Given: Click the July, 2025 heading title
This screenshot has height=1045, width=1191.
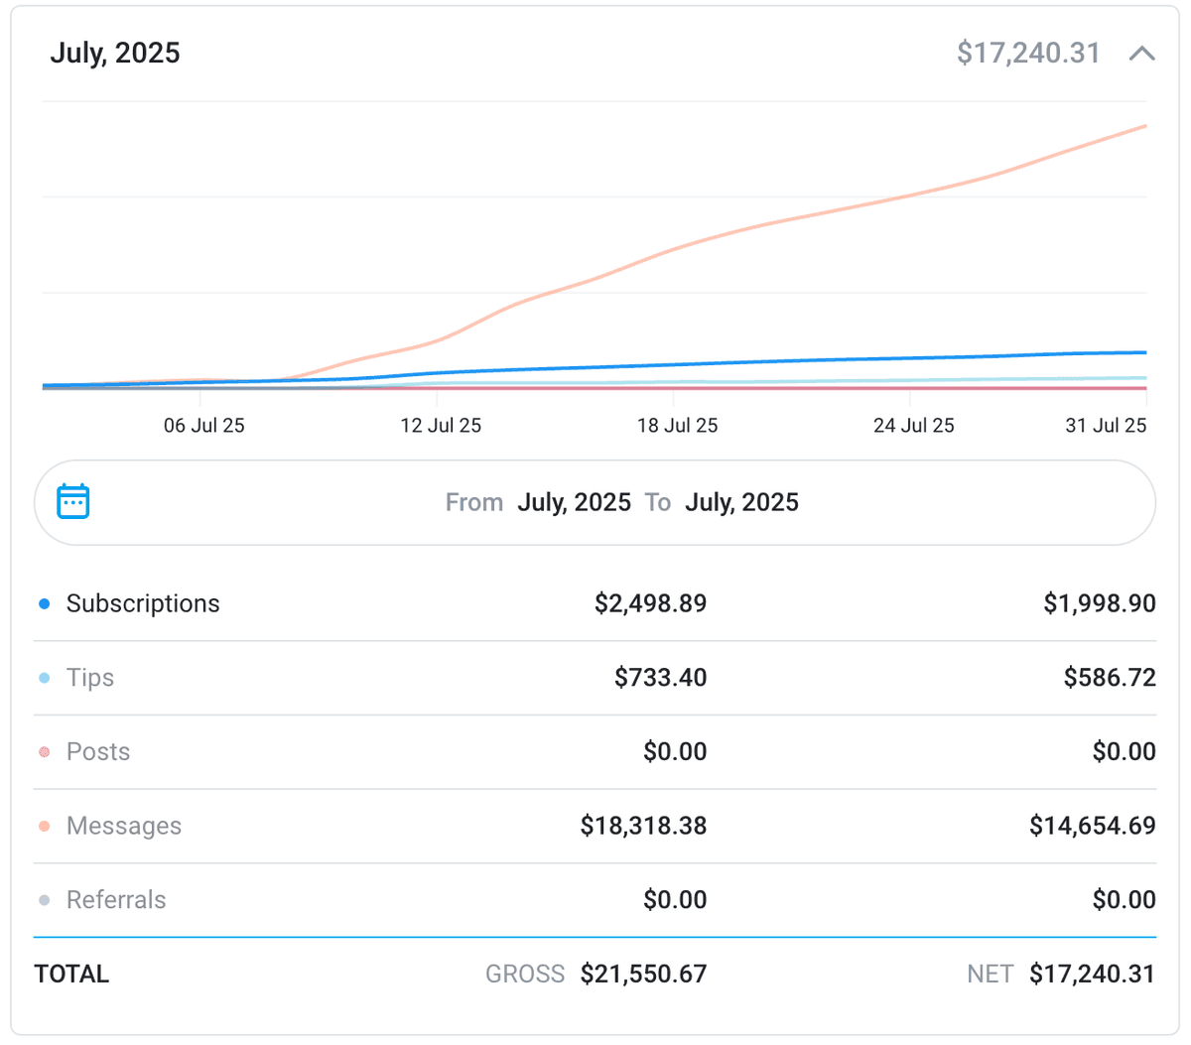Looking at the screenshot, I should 115,53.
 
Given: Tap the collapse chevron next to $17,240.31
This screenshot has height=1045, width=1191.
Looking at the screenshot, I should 1141,54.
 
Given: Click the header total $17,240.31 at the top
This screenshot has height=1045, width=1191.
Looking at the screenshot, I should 1028,53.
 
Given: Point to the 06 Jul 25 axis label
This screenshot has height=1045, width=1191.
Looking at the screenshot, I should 203,426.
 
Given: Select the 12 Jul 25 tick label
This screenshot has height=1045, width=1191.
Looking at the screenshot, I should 441,426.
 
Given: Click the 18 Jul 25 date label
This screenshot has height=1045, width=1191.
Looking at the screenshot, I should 677,426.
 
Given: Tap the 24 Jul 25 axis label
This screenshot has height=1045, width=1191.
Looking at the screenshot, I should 913,426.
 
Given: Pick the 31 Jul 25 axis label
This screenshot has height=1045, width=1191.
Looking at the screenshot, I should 1106,426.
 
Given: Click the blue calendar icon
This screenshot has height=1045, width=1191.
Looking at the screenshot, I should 73,502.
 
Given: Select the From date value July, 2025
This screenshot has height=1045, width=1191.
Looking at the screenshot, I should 574,503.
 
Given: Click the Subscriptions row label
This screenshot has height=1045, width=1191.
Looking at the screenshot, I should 143,603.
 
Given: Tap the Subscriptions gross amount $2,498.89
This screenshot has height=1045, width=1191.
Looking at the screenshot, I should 650,603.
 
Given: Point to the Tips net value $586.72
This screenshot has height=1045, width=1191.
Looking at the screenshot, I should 1110,678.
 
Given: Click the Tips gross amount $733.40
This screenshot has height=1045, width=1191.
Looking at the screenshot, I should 660,678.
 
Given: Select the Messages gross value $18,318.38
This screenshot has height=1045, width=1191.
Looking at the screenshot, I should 643,826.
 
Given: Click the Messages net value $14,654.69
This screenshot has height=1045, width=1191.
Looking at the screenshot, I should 1092,826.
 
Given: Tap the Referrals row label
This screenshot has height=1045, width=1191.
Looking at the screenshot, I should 116,900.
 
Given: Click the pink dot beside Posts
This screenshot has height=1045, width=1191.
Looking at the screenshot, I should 45,752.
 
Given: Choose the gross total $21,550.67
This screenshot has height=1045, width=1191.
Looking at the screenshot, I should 643,975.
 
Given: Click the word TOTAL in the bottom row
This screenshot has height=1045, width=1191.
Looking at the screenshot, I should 71,975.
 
